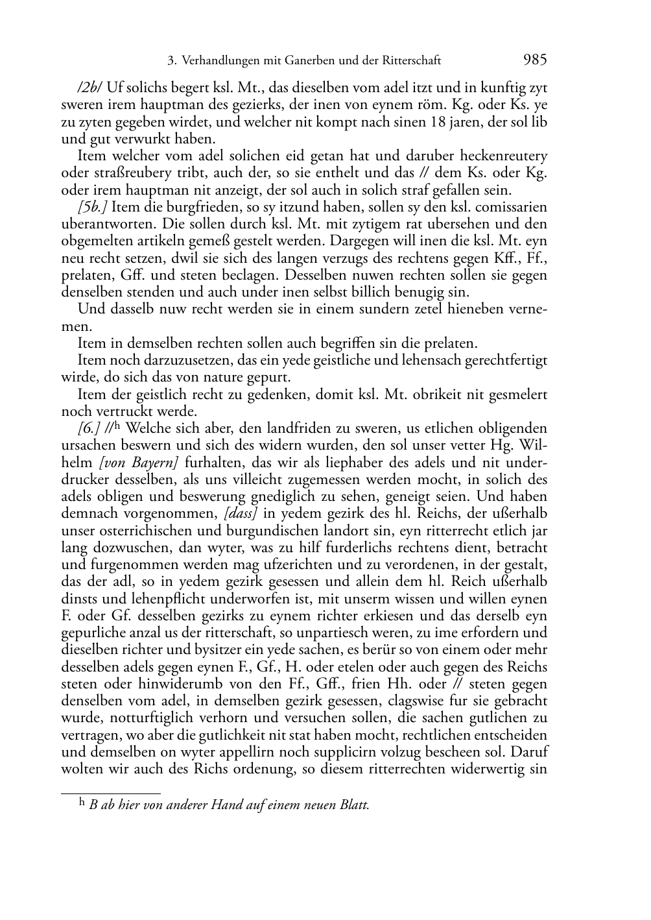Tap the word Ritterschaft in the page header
pyautogui.click(x=409, y=61)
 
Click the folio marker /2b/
pyautogui.click(x=90, y=88)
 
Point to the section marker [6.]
pyautogui.click(x=88, y=429)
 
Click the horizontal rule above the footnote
pyautogui.click(x=110, y=792)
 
